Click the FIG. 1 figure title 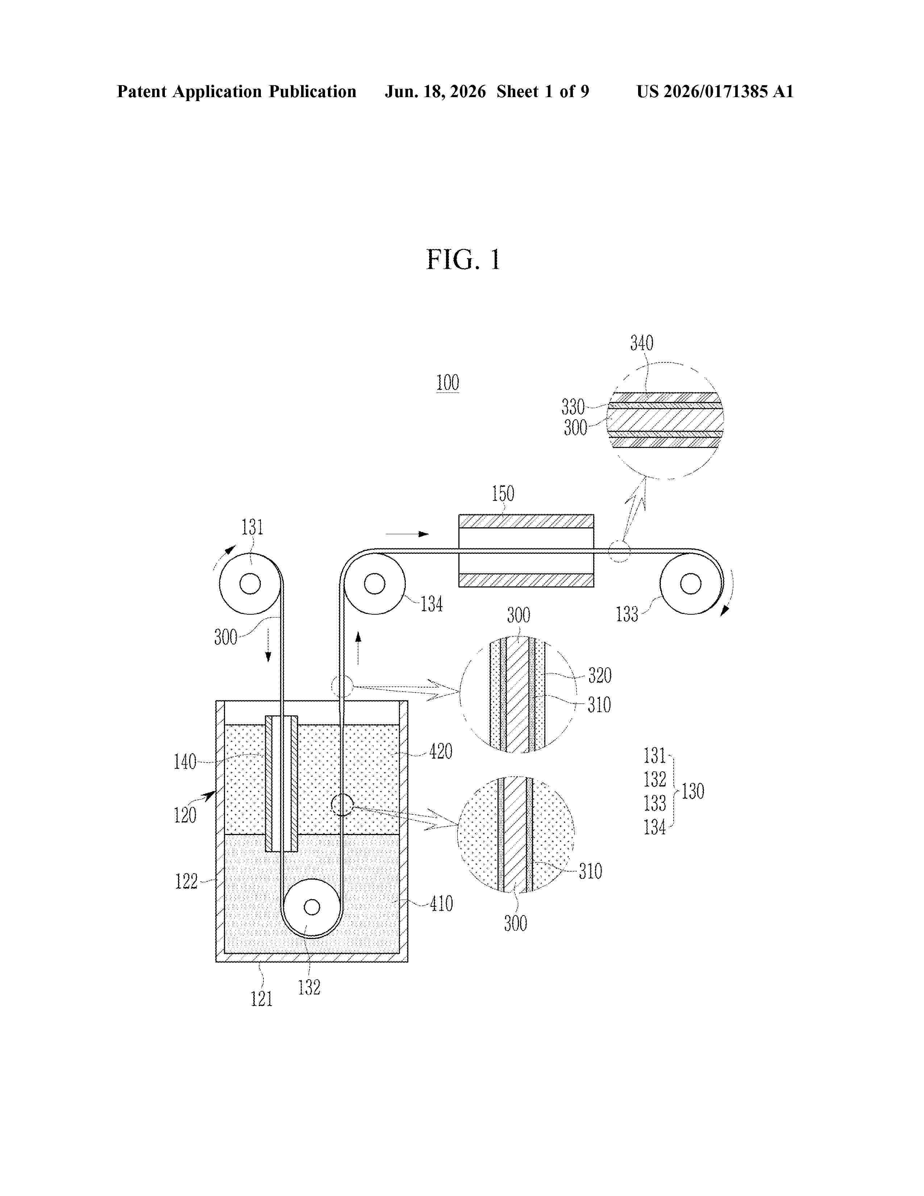463,259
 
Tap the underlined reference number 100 447,382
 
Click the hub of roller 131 250,584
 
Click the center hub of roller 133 690,584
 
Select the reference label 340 641,343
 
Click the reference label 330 573,407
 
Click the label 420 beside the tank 441,751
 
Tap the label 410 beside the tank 441,903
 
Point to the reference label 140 185,762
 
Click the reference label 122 186,881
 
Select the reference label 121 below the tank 262,999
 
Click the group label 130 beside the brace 692,791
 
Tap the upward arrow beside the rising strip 358,648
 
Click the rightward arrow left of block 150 407,534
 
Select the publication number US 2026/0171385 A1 715,91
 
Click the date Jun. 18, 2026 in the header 435,91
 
